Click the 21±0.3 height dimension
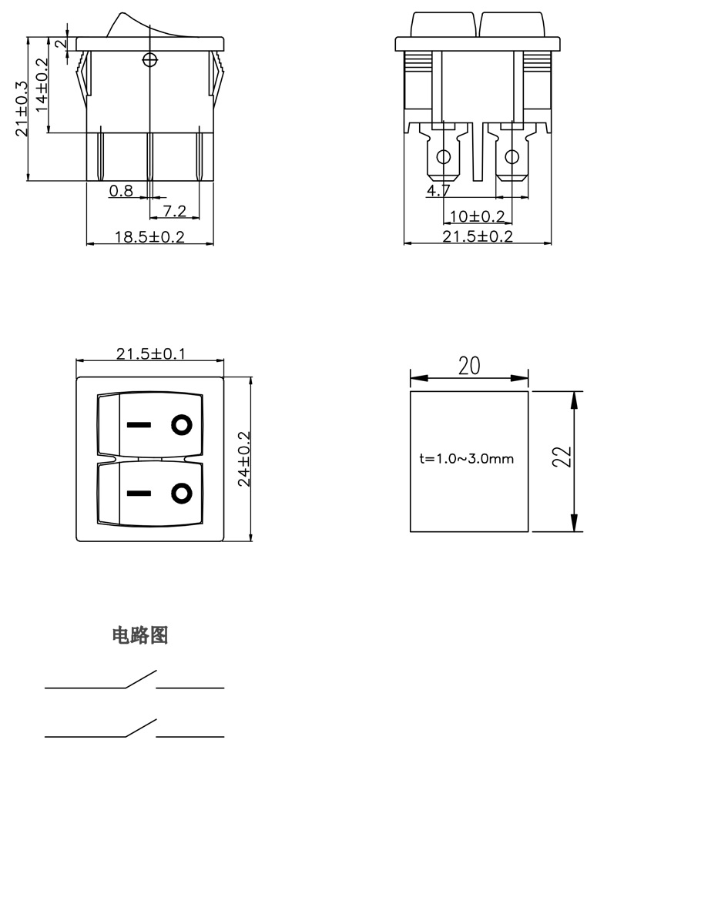[22, 109]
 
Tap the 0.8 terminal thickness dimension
[121, 190]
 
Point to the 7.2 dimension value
[175, 210]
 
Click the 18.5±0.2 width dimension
[149, 236]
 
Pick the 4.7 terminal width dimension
[438, 189]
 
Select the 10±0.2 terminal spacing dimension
[477, 216]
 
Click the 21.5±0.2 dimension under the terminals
[478, 236]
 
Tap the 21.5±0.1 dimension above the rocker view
[150, 353]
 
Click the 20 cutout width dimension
[469, 367]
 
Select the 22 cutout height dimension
[563, 457]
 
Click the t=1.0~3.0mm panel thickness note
[467, 459]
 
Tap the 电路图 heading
[140, 635]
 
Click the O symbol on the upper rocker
[182, 424]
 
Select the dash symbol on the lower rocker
[139, 493]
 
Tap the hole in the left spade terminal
[443, 158]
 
